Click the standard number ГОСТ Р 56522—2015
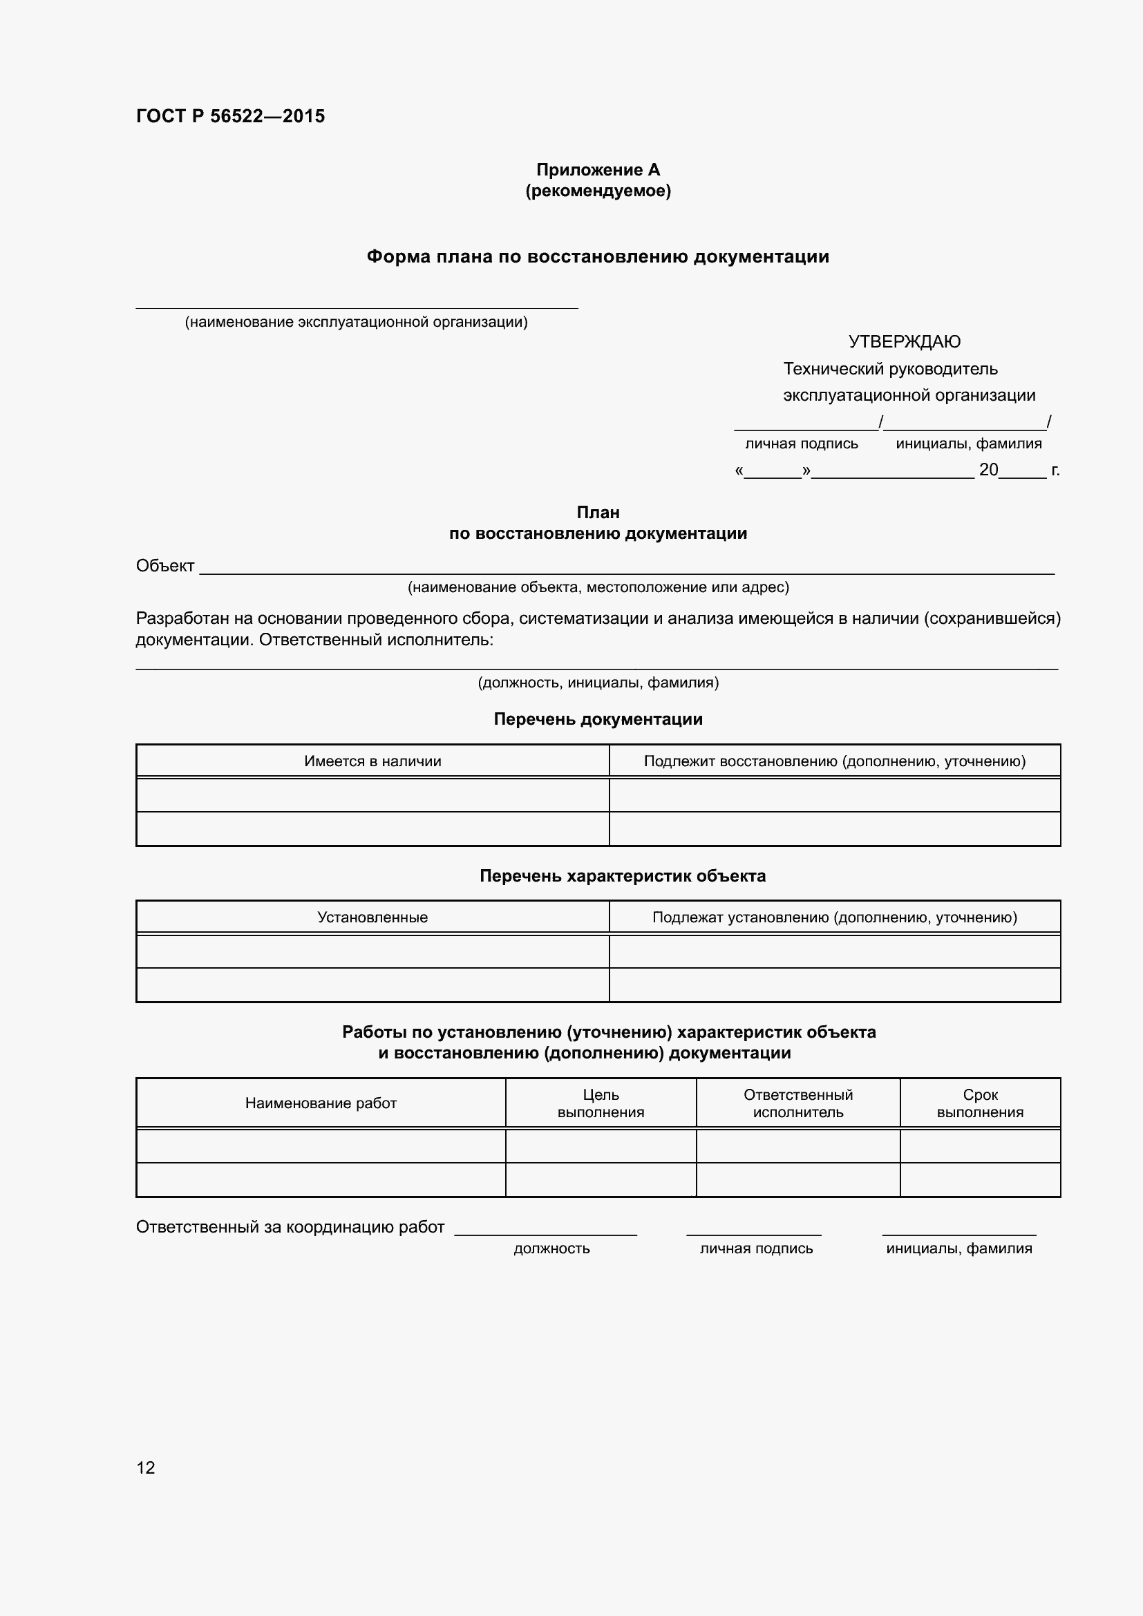230,116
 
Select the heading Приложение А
598,170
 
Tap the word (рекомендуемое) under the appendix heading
598,191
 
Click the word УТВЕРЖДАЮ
904,342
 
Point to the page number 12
145,1467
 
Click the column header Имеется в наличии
372,761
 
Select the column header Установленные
372,917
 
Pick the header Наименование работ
320,1103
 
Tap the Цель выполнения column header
601,1103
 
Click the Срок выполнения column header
980,1103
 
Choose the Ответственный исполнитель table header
797,1103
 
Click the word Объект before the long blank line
164,566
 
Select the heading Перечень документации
598,719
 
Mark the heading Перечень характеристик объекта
622,875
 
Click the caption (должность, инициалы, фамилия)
598,682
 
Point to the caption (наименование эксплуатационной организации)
355,323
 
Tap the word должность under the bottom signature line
551,1248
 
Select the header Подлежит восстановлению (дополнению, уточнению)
834,761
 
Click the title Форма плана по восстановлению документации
598,257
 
